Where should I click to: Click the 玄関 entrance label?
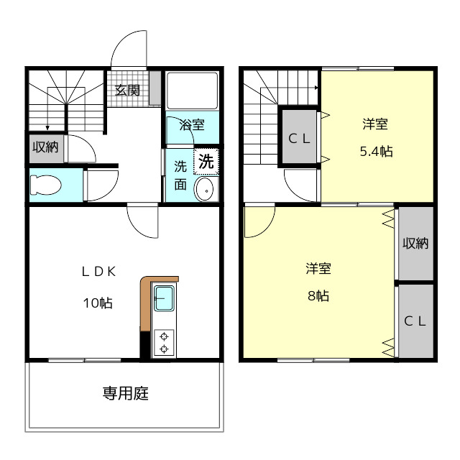pyautogui.click(x=127, y=90)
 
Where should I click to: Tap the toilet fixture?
pyautogui.click(x=45, y=185)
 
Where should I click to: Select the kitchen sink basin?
pyautogui.click(x=164, y=298)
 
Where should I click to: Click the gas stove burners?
pyautogui.click(x=164, y=342)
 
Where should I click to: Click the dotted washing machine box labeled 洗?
pyautogui.click(x=206, y=161)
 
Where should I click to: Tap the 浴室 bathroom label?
pyautogui.click(x=192, y=125)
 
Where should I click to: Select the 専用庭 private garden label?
pyautogui.click(x=126, y=393)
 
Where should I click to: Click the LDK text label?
pyautogui.click(x=98, y=272)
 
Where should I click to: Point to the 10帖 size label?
pyautogui.click(x=98, y=303)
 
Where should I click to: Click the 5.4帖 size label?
pyautogui.click(x=377, y=152)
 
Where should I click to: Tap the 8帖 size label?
pyautogui.click(x=318, y=295)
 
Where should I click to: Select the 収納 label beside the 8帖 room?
pyautogui.click(x=415, y=243)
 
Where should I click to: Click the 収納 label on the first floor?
pyautogui.click(x=45, y=147)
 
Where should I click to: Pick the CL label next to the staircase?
pyautogui.click(x=299, y=139)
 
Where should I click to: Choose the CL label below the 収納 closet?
pyautogui.click(x=415, y=321)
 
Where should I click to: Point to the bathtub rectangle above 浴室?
pyautogui.click(x=192, y=91)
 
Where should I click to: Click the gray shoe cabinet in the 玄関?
pyautogui.click(x=155, y=88)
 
